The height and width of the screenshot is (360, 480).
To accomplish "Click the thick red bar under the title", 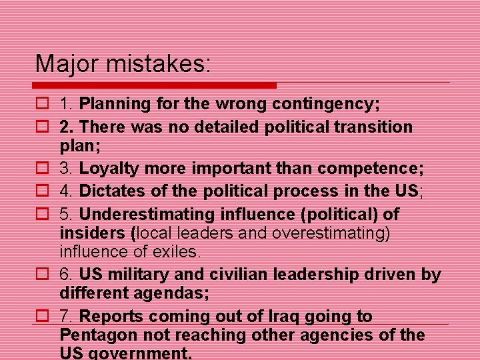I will click(x=155, y=85).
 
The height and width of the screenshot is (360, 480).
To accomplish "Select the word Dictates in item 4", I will click(x=111, y=191).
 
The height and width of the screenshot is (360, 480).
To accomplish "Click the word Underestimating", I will click(x=143, y=214).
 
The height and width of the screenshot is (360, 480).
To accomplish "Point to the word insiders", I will click(x=93, y=233).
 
